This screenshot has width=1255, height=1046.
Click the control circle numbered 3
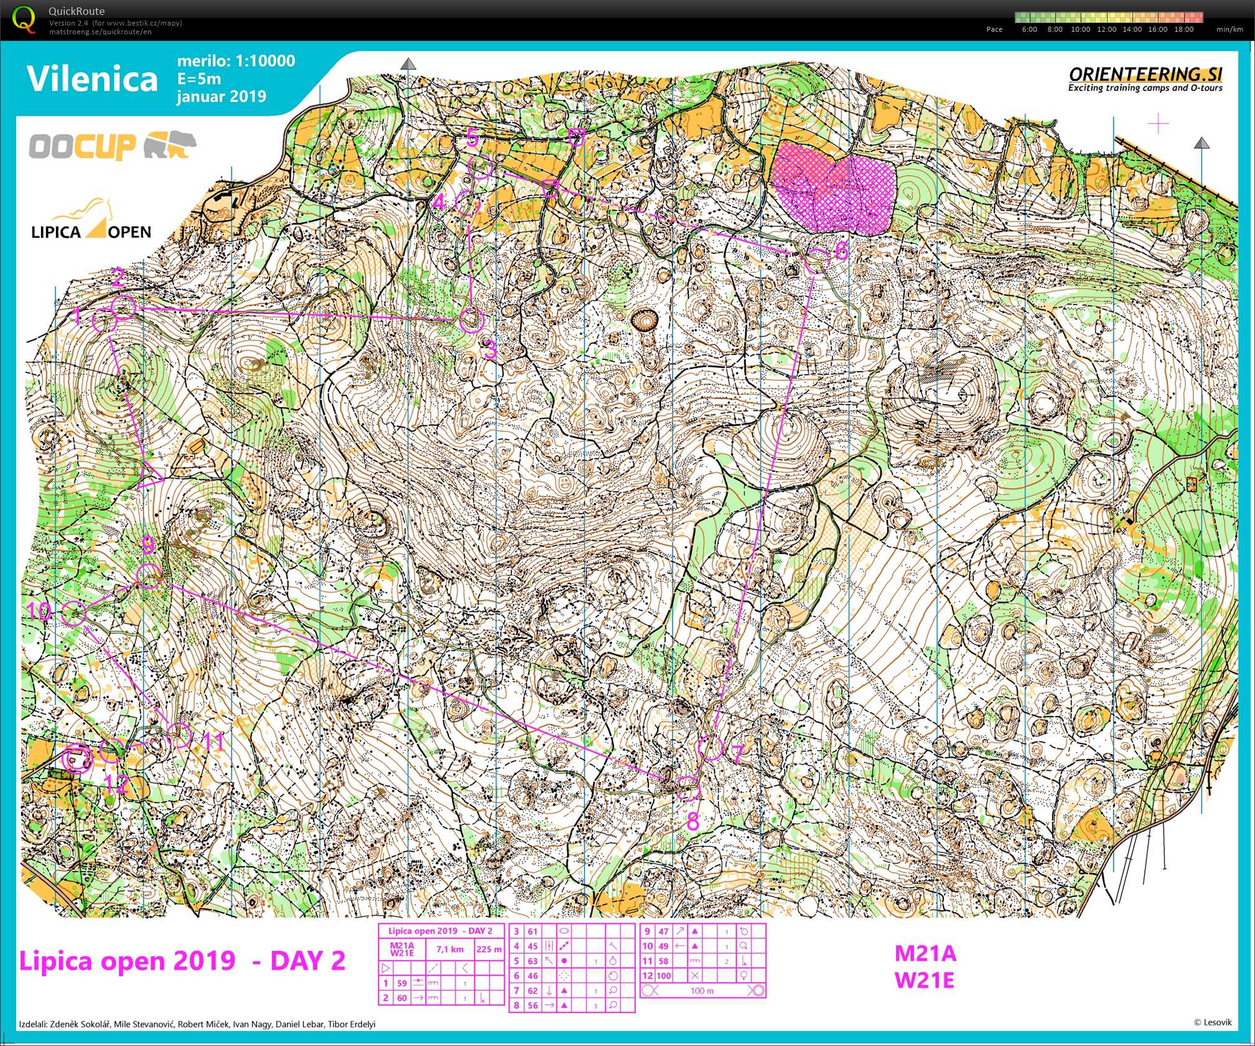click(471, 320)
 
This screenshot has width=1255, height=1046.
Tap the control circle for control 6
click(817, 260)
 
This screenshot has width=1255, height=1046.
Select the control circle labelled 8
click(688, 788)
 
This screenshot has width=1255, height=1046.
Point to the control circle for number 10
click(73, 613)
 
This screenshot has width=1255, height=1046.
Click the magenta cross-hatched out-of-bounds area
click(834, 187)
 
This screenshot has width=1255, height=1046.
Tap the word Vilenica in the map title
click(92, 79)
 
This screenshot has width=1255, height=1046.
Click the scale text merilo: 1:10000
click(236, 61)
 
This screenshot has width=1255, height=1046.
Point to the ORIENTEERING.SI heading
click(1145, 74)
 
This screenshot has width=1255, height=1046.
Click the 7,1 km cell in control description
click(449, 949)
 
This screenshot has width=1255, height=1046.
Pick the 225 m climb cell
click(489, 949)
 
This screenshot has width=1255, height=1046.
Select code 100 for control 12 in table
click(663, 976)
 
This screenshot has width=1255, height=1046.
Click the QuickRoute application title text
click(77, 11)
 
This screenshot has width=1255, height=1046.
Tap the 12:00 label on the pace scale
click(1106, 29)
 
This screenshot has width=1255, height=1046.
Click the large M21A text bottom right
click(925, 953)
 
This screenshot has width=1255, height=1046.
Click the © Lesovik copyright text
click(1212, 1022)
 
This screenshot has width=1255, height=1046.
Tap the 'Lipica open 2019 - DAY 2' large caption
click(182, 961)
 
